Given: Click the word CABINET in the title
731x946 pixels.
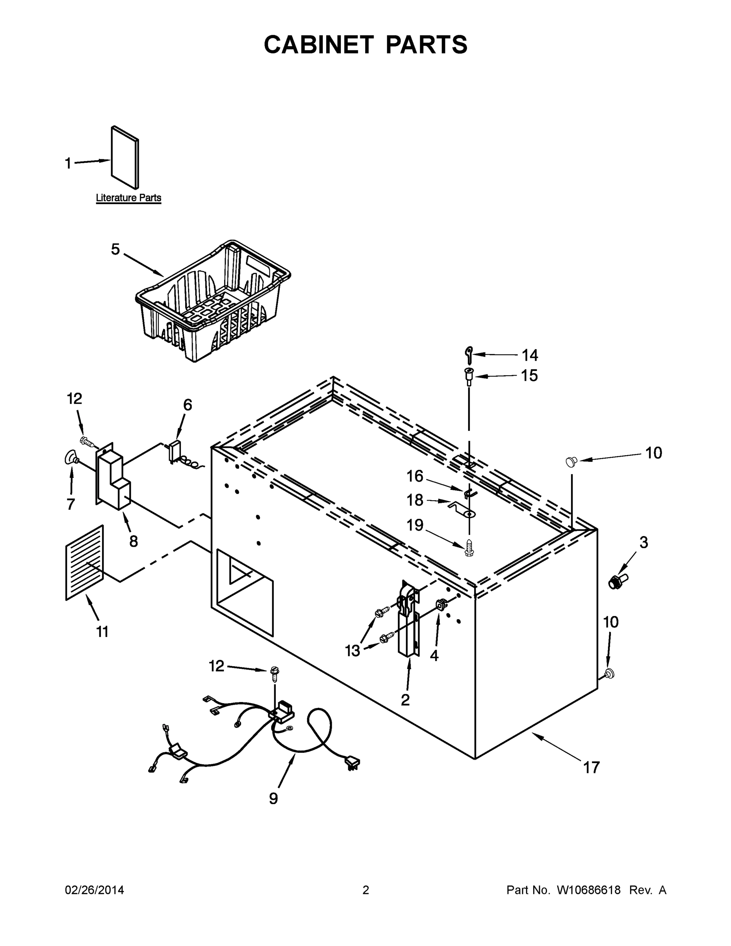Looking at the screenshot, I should coord(318,45).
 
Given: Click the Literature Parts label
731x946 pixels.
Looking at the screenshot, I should coord(128,198).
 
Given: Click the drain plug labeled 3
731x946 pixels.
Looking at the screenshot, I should coord(618,581).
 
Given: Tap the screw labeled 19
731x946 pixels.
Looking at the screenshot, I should coord(469,547).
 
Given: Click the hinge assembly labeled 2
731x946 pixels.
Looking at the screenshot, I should coord(408,622).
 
